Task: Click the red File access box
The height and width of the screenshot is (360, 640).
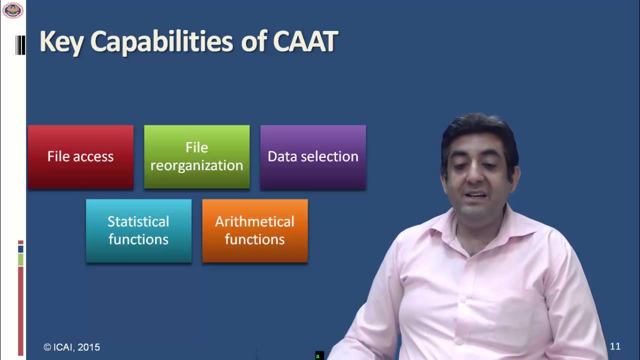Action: [x=80, y=157]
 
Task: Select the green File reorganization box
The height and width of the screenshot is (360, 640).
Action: [x=197, y=157]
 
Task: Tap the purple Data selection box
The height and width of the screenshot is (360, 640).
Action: [x=313, y=157]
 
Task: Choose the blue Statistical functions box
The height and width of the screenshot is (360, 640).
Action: [x=139, y=231]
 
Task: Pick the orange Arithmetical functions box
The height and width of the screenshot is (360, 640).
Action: [x=255, y=231]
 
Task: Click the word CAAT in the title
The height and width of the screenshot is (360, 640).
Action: [x=305, y=41]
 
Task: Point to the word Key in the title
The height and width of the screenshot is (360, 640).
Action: [x=61, y=42]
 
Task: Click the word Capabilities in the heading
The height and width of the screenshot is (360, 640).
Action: [x=161, y=42]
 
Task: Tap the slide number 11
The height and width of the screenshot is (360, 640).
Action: [x=615, y=346]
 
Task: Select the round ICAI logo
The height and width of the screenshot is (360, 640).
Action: [x=13, y=10]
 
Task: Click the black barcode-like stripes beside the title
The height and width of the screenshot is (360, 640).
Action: [x=20, y=45]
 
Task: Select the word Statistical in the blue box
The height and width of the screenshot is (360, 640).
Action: [x=138, y=221]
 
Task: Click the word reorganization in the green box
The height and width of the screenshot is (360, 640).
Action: [x=197, y=166]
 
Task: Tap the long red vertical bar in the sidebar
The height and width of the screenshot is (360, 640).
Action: [x=20, y=311]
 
